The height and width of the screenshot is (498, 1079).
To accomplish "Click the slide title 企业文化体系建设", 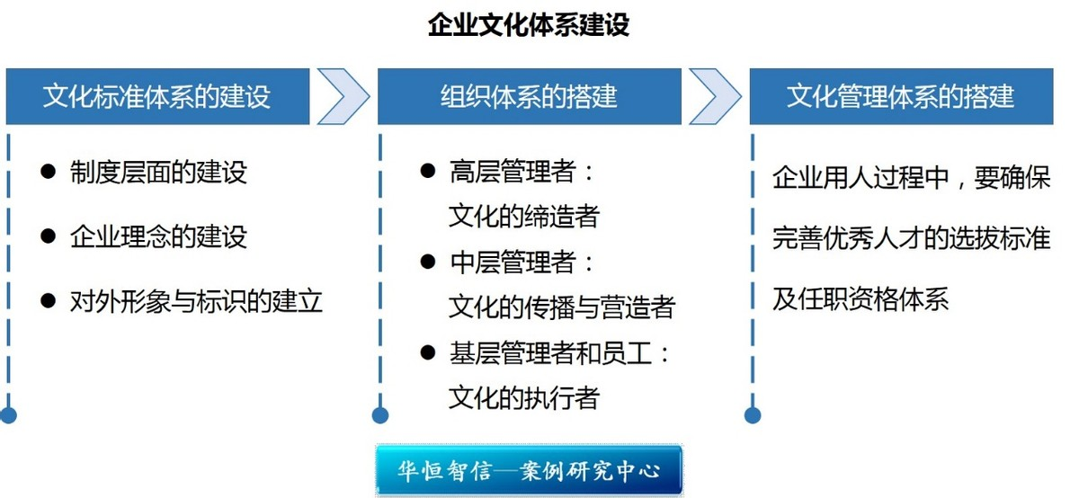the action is click(529, 24).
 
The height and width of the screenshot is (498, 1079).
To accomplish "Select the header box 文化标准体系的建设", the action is click(157, 95).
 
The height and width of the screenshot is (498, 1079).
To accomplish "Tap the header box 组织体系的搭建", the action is click(529, 95).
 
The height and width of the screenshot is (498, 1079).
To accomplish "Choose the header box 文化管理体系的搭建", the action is click(901, 95).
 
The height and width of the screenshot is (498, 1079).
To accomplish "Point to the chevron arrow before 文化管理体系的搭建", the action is click(716, 95).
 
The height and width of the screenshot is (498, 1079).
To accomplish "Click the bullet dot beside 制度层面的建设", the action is click(49, 171).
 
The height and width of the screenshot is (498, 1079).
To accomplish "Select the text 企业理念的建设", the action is click(158, 236).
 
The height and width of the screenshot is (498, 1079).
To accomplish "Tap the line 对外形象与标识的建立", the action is click(196, 300).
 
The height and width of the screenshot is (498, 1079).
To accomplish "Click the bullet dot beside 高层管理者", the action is click(428, 171).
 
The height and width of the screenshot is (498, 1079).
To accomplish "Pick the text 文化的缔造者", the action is click(523, 217).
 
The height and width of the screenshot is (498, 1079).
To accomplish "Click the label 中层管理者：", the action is click(522, 262).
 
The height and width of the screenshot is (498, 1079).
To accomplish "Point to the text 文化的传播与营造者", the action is click(561, 307).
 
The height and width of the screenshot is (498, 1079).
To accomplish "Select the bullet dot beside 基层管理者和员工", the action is click(428, 353).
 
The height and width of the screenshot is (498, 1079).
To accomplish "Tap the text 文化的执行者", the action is click(523, 397).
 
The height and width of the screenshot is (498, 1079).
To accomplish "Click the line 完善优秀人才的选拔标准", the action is click(911, 238).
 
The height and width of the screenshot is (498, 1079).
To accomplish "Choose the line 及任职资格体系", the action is click(861, 299).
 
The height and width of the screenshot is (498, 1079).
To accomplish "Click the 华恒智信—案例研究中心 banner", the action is click(529, 470).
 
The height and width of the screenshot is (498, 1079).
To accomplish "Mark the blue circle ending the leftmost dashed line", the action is click(8, 415).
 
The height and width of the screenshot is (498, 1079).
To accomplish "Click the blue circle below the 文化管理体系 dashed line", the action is click(753, 415).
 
